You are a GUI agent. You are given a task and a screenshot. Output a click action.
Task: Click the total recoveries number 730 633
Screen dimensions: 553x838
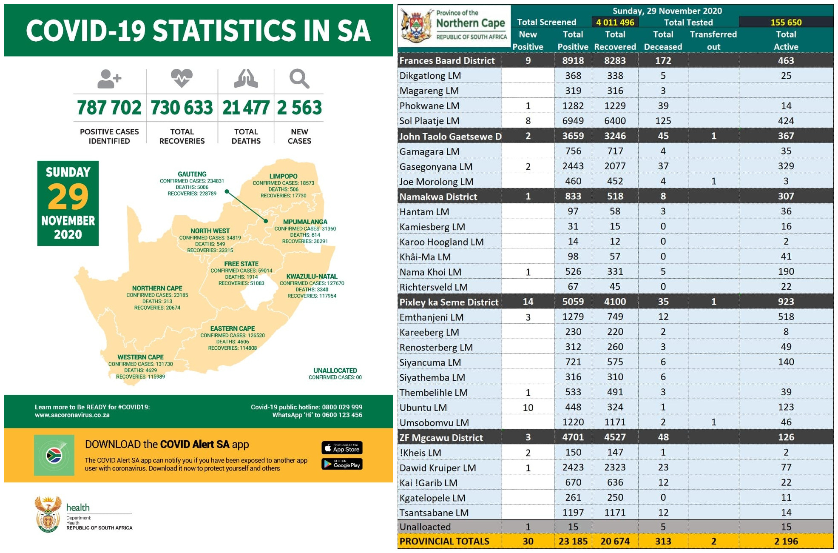[x=182, y=108]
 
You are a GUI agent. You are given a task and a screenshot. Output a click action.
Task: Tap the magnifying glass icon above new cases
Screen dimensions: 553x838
[x=299, y=79]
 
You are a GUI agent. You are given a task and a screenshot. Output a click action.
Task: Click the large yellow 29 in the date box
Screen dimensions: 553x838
[x=68, y=197]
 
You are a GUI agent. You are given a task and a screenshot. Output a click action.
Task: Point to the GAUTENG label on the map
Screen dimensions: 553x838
[x=192, y=174]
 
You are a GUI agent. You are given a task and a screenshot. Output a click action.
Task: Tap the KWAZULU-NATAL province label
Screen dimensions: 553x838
[x=312, y=276]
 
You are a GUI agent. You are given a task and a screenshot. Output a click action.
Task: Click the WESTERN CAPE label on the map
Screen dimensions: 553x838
[x=140, y=357]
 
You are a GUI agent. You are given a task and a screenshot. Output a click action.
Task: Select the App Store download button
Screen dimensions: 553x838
[x=342, y=448]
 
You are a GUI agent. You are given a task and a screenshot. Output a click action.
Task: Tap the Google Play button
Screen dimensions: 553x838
[x=342, y=464]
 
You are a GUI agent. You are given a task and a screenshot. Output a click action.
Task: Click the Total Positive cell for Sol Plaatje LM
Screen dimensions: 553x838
[x=573, y=121]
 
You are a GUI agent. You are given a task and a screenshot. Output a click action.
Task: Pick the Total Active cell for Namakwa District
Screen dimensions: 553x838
[x=786, y=196]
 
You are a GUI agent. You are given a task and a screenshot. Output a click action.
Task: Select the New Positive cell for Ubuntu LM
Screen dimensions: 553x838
[x=528, y=408]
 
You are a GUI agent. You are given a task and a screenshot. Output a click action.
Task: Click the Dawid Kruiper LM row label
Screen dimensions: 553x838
[x=437, y=468]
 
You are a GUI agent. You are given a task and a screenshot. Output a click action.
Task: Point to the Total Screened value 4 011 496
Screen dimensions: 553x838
[x=615, y=22]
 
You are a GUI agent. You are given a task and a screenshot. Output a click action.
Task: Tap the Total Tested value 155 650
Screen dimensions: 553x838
[x=786, y=22]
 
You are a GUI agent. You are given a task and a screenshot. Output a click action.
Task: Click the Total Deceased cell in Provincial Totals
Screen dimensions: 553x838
[x=663, y=541]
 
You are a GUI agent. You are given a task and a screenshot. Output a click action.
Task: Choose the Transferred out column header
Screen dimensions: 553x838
[x=713, y=40]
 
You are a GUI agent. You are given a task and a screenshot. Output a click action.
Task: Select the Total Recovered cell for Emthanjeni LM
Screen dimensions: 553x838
[x=615, y=317]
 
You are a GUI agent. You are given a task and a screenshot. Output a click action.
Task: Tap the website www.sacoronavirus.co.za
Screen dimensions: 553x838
[x=72, y=415]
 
